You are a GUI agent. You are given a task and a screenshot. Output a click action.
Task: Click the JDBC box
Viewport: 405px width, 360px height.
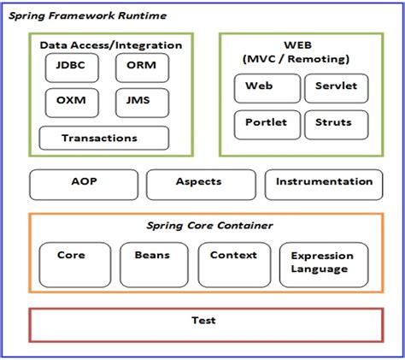coord(72,68)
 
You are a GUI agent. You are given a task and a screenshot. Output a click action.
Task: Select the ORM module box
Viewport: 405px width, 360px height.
coord(142,68)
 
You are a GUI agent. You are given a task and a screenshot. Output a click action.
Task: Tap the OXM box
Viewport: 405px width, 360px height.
coord(72,103)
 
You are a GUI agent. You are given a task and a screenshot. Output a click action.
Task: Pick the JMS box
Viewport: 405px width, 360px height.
coord(142,103)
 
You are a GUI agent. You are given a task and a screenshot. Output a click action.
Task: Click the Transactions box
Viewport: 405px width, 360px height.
coord(104,138)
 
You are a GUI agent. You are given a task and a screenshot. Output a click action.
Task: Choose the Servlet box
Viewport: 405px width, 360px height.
coord(337,88)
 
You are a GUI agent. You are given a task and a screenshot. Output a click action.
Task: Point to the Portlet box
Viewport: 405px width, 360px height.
coord(267,125)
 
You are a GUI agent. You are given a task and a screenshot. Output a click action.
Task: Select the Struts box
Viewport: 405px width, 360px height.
coord(337,125)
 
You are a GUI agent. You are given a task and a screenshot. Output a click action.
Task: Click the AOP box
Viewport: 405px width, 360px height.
coord(84,185)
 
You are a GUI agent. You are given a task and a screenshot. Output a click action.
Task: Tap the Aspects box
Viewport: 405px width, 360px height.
coord(201,185)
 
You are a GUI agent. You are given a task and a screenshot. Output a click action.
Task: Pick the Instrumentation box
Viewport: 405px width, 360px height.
coord(324,185)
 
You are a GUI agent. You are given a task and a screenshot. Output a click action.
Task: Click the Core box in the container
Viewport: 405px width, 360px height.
coord(75,265)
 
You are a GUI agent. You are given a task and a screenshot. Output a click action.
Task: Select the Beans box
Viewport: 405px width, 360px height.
coord(154,265)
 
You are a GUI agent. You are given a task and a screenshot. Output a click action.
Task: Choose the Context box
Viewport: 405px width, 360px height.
coord(234,265)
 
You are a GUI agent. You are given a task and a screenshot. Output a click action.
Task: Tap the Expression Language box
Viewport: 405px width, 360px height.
coord(324,265)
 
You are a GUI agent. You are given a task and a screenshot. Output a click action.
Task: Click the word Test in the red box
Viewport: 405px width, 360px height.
coord(203,321)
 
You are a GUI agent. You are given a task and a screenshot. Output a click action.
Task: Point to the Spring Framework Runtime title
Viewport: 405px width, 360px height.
coord(87,15)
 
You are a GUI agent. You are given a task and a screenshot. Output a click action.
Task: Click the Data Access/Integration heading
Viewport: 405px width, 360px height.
coord(111,45)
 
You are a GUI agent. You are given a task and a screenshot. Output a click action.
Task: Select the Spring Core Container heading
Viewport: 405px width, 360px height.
coord(209,226)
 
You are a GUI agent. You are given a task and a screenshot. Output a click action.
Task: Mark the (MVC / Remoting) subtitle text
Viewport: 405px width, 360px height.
coord(296,59)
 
